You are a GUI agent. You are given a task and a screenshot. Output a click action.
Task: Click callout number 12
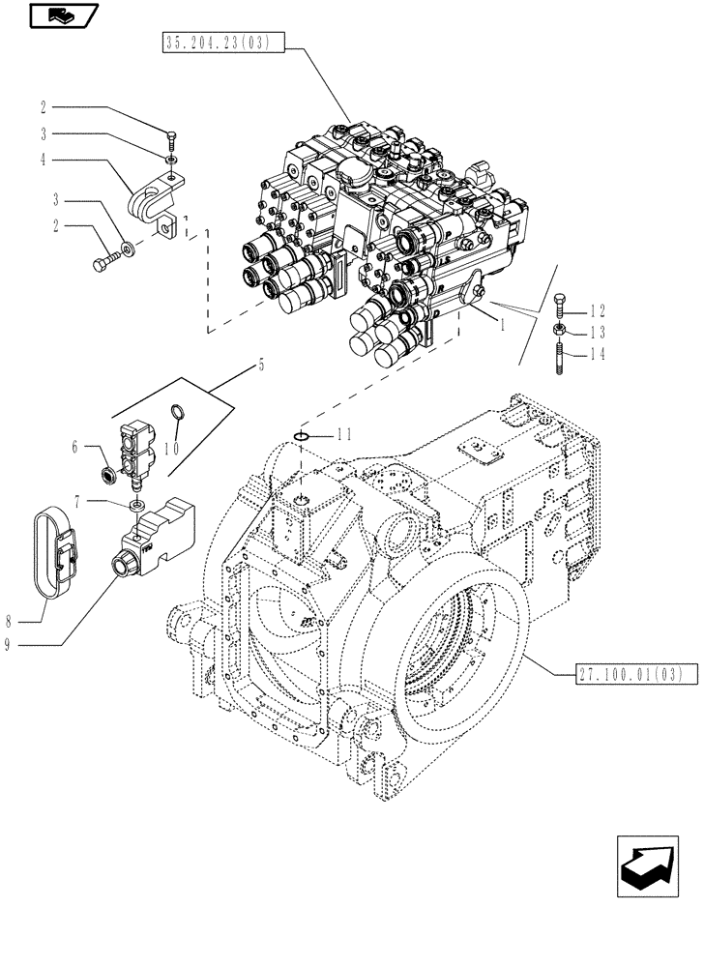coord(598,311)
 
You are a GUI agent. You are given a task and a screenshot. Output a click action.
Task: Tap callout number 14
coord(598,354)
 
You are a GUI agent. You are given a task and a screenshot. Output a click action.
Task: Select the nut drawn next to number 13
coord(560,333)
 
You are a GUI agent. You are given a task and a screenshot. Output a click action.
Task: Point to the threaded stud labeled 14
coord(560,355)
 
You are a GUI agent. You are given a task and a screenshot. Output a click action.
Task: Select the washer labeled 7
coord(140,505)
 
